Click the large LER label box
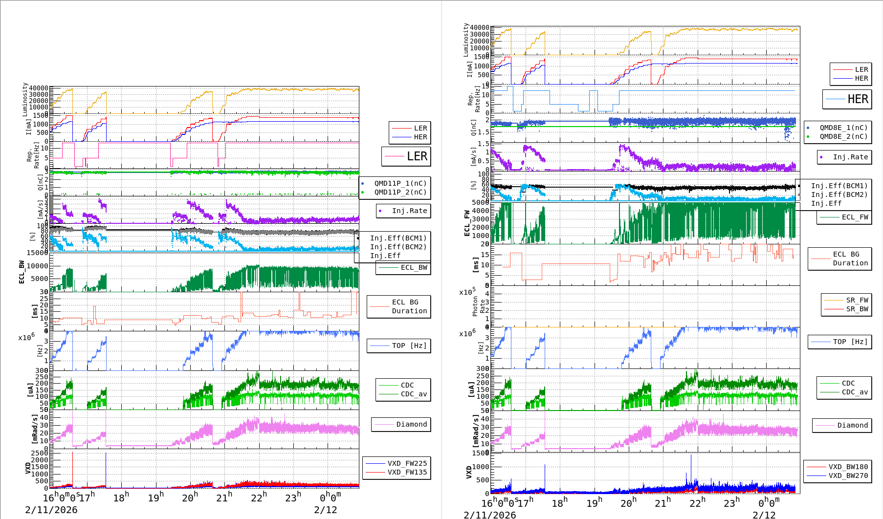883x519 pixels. tap(406, 156)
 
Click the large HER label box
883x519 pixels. tap(847, 99)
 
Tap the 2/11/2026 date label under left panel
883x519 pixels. tap(51, 510)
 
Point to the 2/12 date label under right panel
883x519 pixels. tap(764, 515)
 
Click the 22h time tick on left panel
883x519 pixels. tap(259, 497)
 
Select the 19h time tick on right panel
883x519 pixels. tap(594, 503)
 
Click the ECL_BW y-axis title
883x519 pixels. tap(22, 272)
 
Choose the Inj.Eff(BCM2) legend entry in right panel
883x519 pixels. tap(839, 195)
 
